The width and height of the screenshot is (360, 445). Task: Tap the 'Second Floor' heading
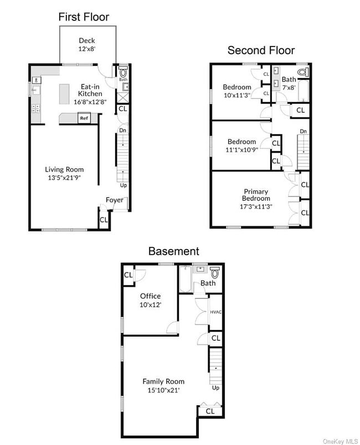click(x=261, y=50)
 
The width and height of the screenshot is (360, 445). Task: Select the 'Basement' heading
click(x=173, y=251)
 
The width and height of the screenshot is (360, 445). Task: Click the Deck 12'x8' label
click(x=88, y=44)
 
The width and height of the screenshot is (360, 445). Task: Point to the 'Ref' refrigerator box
click(x=84, y=118)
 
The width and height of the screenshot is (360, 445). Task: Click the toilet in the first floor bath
click(x=123, y=72)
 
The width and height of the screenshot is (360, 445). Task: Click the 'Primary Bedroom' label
click(x=256, y=195)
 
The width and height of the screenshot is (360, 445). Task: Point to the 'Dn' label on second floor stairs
click(x=303, y=131)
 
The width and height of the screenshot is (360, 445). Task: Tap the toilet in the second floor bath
click(x=302, y=71)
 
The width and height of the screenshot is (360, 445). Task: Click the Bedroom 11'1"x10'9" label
click(x=241, y=145)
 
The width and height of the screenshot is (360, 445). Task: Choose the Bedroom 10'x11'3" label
click(x=237, y=90)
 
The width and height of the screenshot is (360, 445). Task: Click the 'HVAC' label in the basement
click(x=216, y=312)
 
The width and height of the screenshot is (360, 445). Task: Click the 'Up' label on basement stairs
click(x=215, y=388)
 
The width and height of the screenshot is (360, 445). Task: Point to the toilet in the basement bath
click(x=215, y=272)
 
